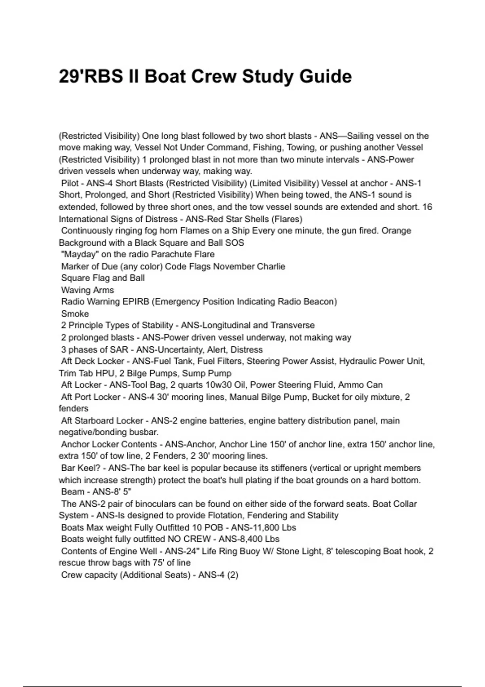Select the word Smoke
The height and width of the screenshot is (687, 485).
[75, 314]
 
